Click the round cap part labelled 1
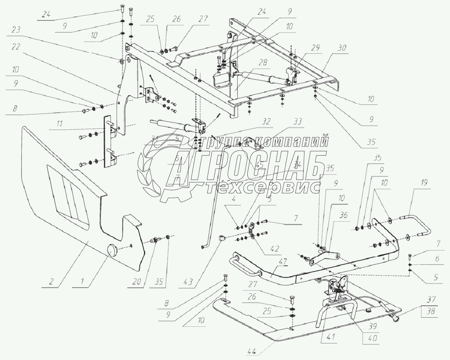(113, 250)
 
